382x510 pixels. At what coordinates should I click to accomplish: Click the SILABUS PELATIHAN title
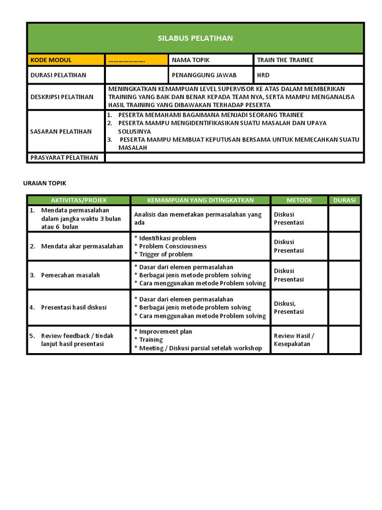[195, 38]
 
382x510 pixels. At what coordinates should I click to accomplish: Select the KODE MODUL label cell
[51, 60]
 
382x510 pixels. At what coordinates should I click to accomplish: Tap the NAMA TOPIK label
[191, 60]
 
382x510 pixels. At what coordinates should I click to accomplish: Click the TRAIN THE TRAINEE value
[285, 60]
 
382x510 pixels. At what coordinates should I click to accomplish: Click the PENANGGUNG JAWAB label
[204, 75]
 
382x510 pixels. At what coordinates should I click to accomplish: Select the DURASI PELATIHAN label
[58, 75]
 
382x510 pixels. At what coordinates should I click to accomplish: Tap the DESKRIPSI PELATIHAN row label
[62, 97]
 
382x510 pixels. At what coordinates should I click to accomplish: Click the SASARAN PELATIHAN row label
[61, 131]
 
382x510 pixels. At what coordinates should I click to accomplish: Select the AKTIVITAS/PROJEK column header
[79, 200]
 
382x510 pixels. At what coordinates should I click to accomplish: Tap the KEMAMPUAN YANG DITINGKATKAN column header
[200, 200]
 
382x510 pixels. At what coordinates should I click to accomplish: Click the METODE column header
[299, 200]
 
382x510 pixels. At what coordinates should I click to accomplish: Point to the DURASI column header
[344, 200]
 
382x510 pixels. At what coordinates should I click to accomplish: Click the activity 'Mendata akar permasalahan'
[82, 247]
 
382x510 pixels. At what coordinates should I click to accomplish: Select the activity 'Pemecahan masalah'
[71, 275]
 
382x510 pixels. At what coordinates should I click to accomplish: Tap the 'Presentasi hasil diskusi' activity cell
[74, 307]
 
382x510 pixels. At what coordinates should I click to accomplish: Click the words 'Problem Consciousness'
[173, 247]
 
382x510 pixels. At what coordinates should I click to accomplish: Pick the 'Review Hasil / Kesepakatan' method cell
[293, 340]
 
